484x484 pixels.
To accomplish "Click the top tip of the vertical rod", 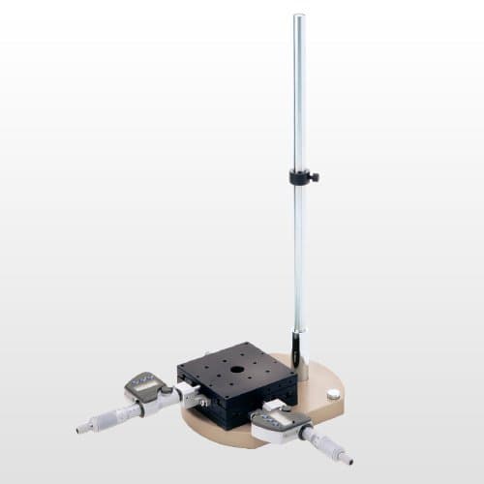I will [299, 16].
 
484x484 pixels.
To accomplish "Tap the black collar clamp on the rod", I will [300, 177].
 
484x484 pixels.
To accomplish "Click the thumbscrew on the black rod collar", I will [315, 177].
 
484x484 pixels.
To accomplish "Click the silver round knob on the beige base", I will [334, 394].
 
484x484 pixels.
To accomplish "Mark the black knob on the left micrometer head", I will [166, 390].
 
